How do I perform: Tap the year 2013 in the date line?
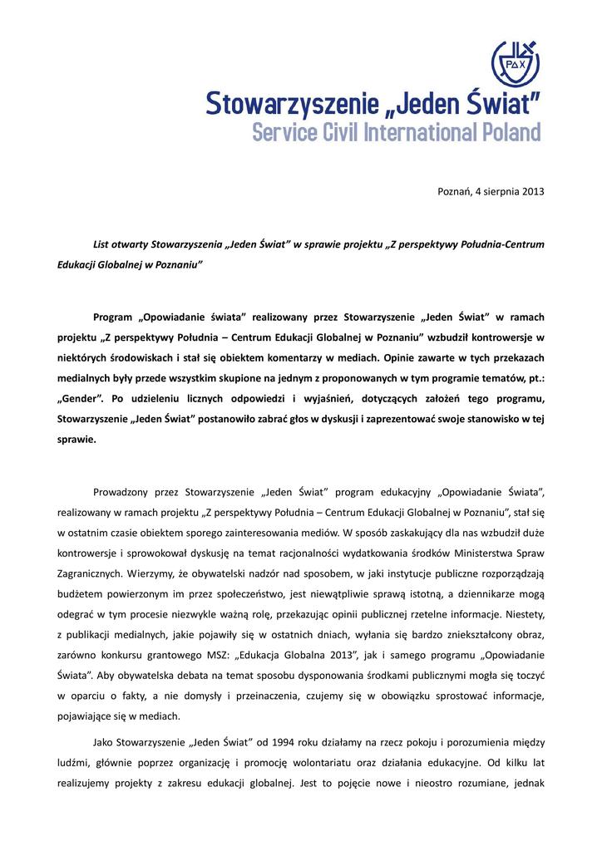(532, 192)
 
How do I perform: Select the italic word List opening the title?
(101, 245)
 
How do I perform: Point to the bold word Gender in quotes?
(80, 398)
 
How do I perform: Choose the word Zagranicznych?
(95, 573)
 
